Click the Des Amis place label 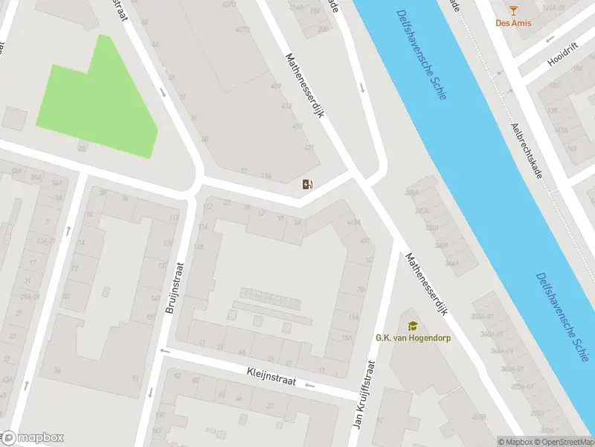[512, 23]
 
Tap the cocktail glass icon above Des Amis [512, 9]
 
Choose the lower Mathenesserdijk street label [427, 284]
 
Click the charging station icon [308, 184]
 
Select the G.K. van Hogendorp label [412, 337]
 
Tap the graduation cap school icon [412, 326]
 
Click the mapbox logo [33, 438]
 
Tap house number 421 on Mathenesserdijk [309, 147]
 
